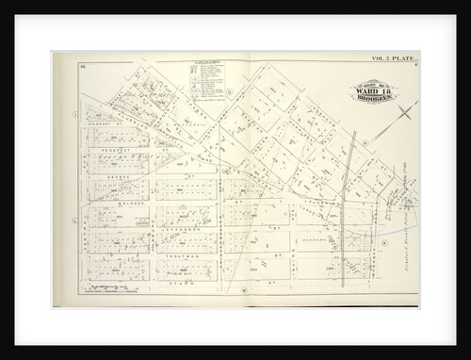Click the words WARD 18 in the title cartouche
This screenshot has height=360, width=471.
pos(374,90)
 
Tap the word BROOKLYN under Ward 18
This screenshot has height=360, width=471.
pos(375,98)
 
